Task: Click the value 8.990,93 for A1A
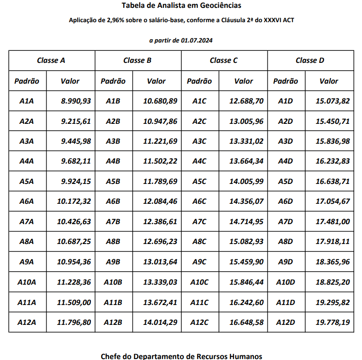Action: click(76, 101)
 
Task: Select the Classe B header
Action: click(138, 60)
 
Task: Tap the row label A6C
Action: click(199, 201)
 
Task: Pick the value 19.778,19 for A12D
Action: click(332, 322)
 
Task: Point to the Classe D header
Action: click(310, 60)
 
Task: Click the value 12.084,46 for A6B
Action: click(160, 201)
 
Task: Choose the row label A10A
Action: click(27, 282)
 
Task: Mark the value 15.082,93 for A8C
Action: click(247, 241)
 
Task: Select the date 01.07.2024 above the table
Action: click(197, 41)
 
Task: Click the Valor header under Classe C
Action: click(243, 81)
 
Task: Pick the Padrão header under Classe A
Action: click(27, 81)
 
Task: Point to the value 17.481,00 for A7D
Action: click(332, 221)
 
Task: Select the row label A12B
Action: click(113, 322)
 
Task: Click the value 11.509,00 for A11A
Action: click(74, 302)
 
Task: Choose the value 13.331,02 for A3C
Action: click(247, 141)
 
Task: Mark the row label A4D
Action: click(285, 161)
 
